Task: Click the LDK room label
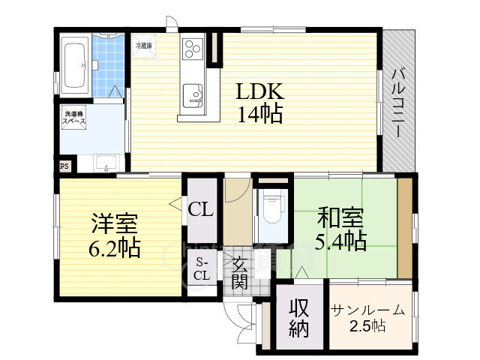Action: point(259,92)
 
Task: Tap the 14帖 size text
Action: point(260,115)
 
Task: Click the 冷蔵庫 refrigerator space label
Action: point(145,46)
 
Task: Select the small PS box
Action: point(64,166)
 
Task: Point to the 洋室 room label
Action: point(114,224)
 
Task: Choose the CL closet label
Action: point(201,209)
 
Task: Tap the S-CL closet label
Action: point(202,268)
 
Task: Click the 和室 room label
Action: point(340,218)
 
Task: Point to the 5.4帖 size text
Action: point(341,241)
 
